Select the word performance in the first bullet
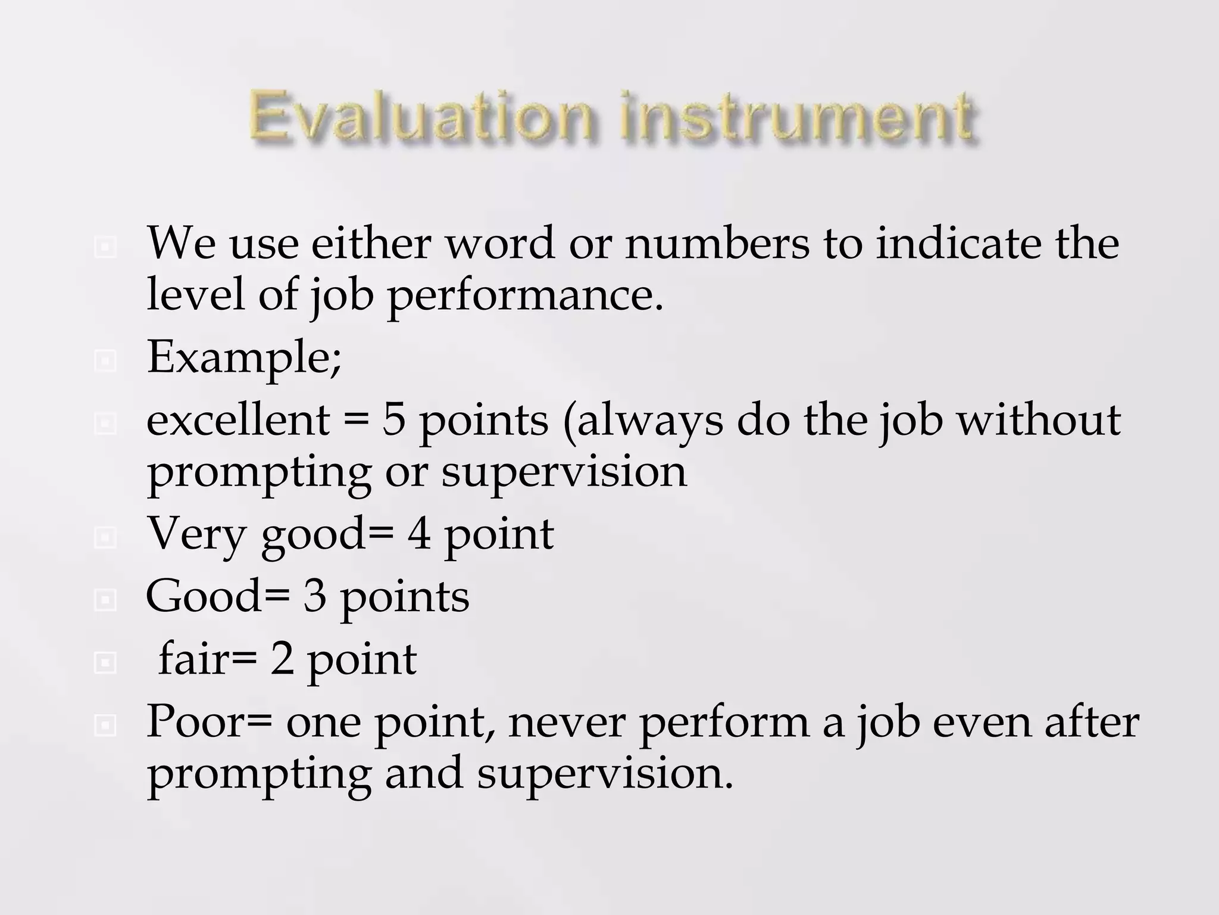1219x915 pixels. click(524, 296)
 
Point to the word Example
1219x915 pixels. click(243, 357)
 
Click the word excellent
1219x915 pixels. click(237, 420)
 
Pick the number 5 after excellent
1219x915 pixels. click(393, 420)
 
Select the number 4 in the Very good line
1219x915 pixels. click(419, 534)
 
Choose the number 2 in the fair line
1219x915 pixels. click(282, 659)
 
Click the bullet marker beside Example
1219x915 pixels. click(105, 360)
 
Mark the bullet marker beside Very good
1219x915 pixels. click(105, 538)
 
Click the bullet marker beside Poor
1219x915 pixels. click(105, 726)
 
